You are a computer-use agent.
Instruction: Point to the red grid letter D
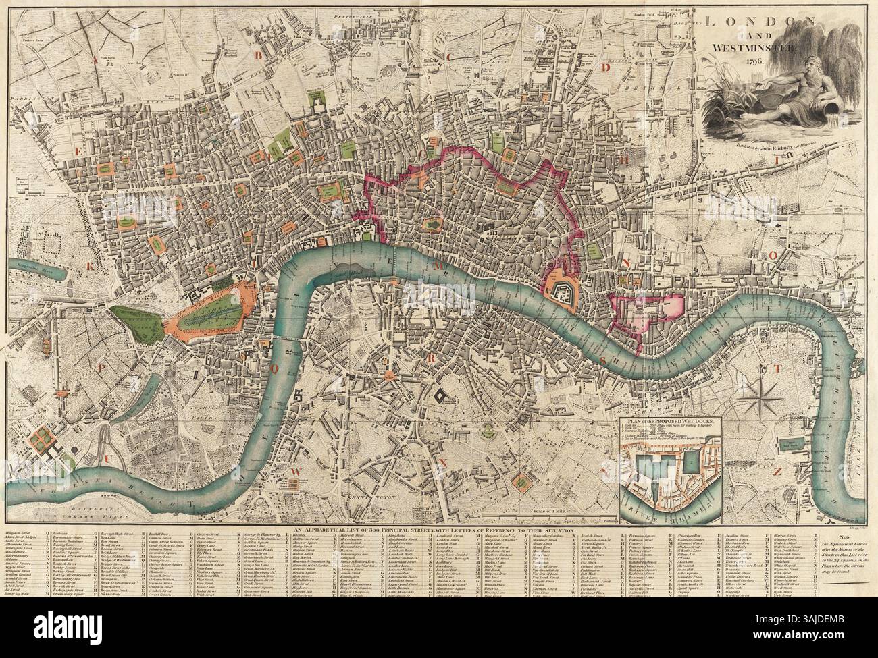pos(606,67)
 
